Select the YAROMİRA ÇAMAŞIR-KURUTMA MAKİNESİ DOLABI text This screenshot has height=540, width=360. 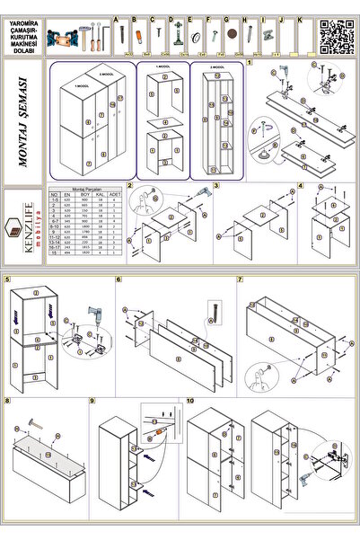coord(22,35)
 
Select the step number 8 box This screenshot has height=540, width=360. coord(8,401)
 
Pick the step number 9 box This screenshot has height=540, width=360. coord(93,401)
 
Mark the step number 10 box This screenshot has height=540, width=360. coord(189,401)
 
